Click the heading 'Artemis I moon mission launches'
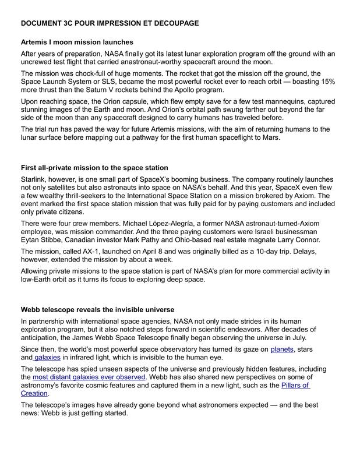click(x=77, y=43)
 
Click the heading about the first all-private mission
click(x=94, y=168)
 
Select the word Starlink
click(x=34, y=179)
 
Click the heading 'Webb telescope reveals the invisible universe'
click(x=97, y=309)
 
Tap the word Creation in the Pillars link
click(x=34, y=393)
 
